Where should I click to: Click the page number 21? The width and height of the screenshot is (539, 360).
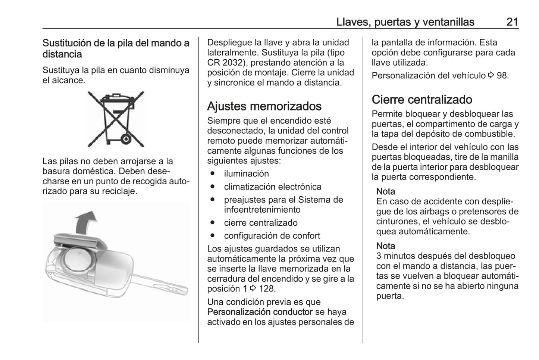(x=512, y=22)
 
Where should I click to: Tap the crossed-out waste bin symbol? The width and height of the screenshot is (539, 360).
(x=116, y=119)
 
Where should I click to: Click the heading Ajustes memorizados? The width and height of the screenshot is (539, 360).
(x=264, y=106)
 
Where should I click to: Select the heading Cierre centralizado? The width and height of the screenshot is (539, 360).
(x=422, y=100)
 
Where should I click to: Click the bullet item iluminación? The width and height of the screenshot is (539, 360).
(x=246, y=174)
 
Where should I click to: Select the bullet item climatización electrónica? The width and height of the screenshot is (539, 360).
(x=272, y=187)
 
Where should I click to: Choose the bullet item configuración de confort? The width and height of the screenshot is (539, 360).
(x=272, y=236)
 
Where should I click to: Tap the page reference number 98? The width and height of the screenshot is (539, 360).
(x=502, y=76)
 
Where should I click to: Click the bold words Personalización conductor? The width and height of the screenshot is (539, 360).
(x=260, y=312)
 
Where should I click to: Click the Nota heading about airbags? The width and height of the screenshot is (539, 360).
(x=385, y=191)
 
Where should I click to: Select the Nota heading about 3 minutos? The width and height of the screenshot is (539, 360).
(x=385, y=246)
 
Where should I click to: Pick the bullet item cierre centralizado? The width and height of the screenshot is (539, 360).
(x=261, y=223)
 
